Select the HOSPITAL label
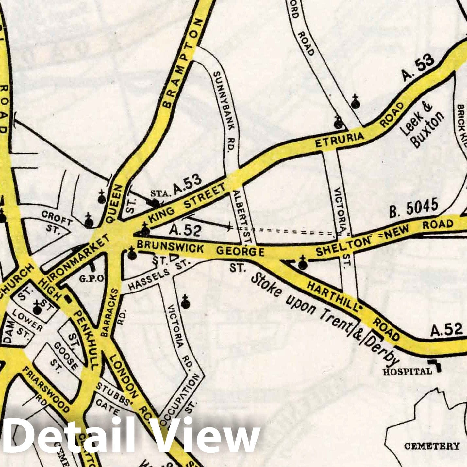tap(407, 371)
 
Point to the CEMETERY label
tap(432, 446)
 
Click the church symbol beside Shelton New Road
tap(303, 263)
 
